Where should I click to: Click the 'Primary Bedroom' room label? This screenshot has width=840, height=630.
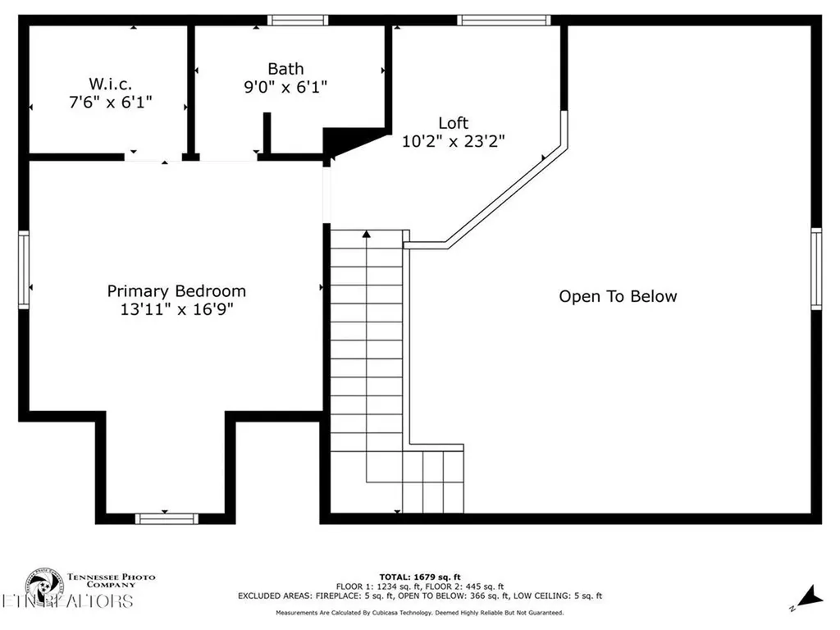click(176, 290)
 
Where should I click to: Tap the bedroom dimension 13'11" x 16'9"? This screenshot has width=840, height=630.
click(176, 309)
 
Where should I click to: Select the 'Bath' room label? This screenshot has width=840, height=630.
click(285, 69)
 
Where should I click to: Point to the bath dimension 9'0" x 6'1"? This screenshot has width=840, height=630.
click(285, 87)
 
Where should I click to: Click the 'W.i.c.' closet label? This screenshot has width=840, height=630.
click(111, 84)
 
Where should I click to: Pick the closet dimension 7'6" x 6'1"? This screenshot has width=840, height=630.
click(111, 102)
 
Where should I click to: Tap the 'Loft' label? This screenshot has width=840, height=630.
click(453, 123)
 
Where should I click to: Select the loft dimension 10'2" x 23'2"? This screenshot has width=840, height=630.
click(453, 141)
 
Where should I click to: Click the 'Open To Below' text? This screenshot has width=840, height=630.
click(618, 296)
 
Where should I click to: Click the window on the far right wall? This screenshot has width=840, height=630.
click(816, 269)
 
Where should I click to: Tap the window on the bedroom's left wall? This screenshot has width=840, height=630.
click(24, 270)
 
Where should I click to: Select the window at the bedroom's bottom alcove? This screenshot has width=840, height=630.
click(167, 518)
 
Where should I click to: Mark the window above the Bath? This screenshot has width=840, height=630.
click(298, 21)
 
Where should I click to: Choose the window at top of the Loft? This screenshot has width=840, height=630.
click(502, 21)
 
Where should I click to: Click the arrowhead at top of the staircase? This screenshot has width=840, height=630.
click(367, 235)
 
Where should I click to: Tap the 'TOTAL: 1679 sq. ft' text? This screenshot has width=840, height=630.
click(419, 577)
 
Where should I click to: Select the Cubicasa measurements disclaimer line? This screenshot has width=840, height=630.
click(419, 613)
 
